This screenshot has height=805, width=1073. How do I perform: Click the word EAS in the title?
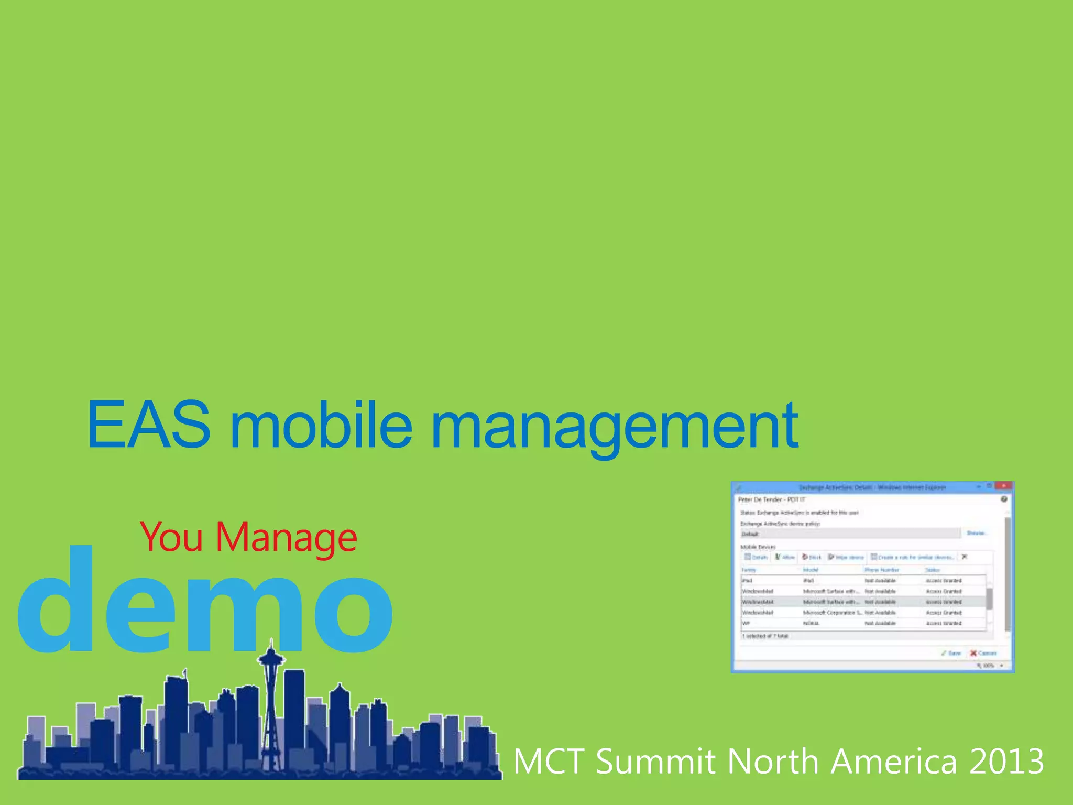tap(149, 425)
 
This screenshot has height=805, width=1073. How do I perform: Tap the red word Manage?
tap(286, 538)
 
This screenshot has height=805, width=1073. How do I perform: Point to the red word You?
tap(172, 538)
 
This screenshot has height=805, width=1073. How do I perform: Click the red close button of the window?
tap(1003, 486)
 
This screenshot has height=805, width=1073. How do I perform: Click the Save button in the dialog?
tap(951, 653)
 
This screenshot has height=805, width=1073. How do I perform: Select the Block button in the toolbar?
tap(812, 557)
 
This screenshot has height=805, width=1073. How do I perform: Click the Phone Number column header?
tap(882, 570)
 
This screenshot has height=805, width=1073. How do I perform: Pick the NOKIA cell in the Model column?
tap(811, 623)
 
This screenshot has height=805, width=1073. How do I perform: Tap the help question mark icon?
tap(1004, 499)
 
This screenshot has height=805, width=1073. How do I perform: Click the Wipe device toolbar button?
tap(846, 557)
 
